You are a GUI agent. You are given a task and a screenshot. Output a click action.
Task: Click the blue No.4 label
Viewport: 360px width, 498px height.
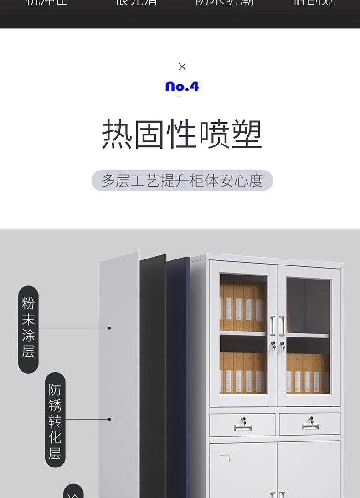point(182,86)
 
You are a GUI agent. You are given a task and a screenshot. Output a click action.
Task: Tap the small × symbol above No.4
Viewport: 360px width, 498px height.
point(182,67)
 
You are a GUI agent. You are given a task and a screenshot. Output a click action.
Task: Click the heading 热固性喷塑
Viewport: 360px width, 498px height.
point(182,135)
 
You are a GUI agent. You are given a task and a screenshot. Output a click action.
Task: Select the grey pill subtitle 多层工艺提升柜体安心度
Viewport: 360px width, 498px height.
point(182,181)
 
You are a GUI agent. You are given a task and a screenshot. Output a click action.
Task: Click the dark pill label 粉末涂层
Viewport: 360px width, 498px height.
point(28,329)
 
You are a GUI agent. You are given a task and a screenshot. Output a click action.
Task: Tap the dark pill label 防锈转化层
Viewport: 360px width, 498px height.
point(55,420)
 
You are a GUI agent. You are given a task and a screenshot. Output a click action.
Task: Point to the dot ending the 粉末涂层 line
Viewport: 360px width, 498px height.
point(109,328)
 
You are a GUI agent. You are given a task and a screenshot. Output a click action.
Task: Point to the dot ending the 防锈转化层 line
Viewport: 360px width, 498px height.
point(109,419)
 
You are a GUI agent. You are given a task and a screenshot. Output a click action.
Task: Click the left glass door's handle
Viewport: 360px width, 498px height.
point(273,326)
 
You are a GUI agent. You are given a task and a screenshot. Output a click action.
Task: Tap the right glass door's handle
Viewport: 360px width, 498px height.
point(282,326)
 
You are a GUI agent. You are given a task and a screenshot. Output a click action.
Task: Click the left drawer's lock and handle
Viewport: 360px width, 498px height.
point(243,424)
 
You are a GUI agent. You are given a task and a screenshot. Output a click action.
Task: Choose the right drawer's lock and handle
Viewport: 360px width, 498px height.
point(310,424)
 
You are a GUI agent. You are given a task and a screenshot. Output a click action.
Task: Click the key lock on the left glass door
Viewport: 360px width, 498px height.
point(273,345)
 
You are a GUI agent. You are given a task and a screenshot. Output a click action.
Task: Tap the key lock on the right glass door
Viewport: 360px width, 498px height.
point(283,345)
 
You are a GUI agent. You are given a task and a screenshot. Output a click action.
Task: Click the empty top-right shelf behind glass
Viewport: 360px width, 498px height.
point(308,305)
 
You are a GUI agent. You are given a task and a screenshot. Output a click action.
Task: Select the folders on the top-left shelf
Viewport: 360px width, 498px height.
point(242,306)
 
